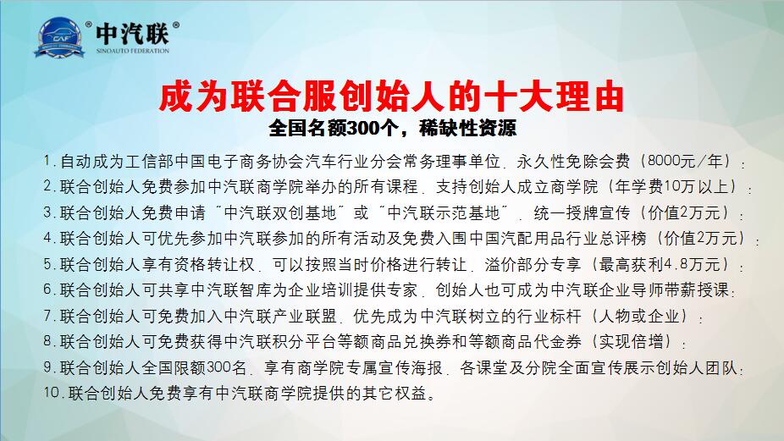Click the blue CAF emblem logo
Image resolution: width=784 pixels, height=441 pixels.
59,37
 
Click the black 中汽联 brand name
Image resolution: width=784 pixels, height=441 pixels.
132,35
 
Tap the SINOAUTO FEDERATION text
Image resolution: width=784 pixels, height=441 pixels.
132,51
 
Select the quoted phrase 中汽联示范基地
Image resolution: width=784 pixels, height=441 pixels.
444,212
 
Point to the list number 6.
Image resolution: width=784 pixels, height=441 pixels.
47,289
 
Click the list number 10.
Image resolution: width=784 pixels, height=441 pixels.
52,393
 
